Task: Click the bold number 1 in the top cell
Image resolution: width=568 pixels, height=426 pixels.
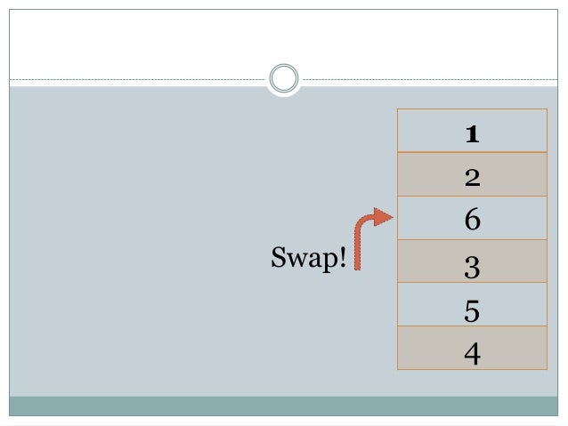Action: [472, 133]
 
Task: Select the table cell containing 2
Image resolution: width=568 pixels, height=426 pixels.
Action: [472, 175]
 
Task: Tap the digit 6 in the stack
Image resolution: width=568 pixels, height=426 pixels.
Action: [472, 219]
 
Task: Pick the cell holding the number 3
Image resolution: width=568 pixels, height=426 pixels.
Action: [472, 263]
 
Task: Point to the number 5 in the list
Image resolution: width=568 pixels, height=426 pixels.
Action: [472, 308]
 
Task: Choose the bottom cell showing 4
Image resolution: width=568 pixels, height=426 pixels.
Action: [472, 350]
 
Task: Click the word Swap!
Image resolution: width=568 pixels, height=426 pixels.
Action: [307, 260]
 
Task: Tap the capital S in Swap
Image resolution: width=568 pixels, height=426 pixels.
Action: [277, 259]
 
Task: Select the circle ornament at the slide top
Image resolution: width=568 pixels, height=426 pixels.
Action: [284, 78]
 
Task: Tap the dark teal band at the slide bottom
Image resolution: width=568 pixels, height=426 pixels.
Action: [283, 406]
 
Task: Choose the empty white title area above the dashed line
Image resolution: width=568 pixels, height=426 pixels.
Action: [283, 40]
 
